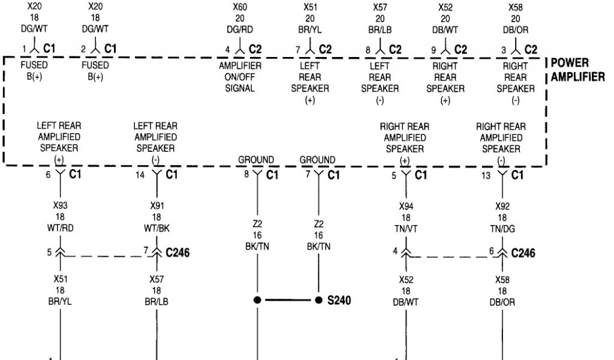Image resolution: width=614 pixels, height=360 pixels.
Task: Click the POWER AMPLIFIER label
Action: (578, 70)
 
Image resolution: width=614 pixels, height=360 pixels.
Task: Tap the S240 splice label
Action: (339, 300)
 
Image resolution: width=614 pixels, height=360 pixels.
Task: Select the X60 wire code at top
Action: (240, 7)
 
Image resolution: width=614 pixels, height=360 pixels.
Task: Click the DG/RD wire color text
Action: (240, 29)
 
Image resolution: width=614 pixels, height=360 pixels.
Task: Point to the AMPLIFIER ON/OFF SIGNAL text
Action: (240, 77)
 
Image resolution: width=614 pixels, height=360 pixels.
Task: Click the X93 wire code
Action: (60, 206)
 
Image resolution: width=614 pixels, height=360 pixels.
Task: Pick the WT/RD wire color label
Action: (60, 227)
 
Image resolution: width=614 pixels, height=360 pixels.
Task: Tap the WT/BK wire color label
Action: (156, 227)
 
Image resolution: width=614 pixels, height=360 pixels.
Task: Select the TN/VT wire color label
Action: (406, 227)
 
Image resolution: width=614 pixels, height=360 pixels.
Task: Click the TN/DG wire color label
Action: (502, 227)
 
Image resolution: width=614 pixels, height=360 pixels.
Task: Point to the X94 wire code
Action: (406, 206)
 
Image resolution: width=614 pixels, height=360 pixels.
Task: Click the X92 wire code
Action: (502, 206)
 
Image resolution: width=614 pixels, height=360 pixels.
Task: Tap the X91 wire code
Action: (156, 206)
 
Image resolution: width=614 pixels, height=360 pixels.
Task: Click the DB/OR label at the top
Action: (515, 29)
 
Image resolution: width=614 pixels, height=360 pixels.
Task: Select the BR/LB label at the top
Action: (380, 29)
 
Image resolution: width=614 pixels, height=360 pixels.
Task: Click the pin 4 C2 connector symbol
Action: (240, 48)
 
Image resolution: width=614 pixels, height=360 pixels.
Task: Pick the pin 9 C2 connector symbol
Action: (446, 48)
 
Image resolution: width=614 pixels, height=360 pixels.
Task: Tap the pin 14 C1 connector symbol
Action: (156, 175)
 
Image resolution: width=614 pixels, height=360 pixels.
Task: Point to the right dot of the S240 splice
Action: (318, 299)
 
